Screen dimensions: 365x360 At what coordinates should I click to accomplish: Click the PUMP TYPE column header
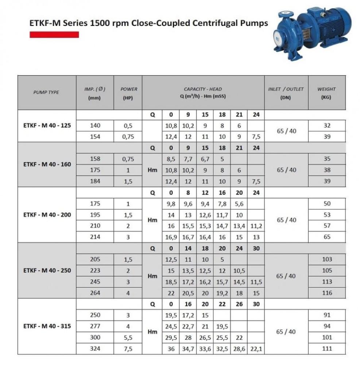pyautogui.click(x=46, y=92)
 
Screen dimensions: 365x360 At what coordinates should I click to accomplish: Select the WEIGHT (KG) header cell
pyautogui.click(x=326, y=93)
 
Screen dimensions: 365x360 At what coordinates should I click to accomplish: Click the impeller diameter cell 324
pyautogui.click(x=94, y=349)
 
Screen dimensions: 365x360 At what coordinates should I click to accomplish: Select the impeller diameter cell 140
pyautogui.click(x=94, y=126)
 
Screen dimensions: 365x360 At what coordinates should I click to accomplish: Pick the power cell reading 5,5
pyautogui.click(x=128, y=338)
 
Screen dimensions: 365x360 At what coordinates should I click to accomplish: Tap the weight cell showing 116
pyautogui.click(x=327, y=293)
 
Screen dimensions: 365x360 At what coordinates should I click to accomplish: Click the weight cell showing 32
pyautogui.click(x=327, y=126)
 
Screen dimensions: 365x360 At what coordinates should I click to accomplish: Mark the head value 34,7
pyautogui.click(x=188, y=349)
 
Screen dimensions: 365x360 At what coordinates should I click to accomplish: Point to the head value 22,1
pyautogui.click(x=256, y=349)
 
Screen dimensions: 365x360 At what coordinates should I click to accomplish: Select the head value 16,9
pyautogui.click(x=171, y=237)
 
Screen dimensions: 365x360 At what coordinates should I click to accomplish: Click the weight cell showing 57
pyautogui.click(x=327, y=226)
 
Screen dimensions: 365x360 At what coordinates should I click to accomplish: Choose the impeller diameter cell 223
pyautogui.click(x=94, y=270)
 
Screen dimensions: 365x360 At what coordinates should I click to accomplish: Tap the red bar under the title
pyautogui.click(x=54, y=35)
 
